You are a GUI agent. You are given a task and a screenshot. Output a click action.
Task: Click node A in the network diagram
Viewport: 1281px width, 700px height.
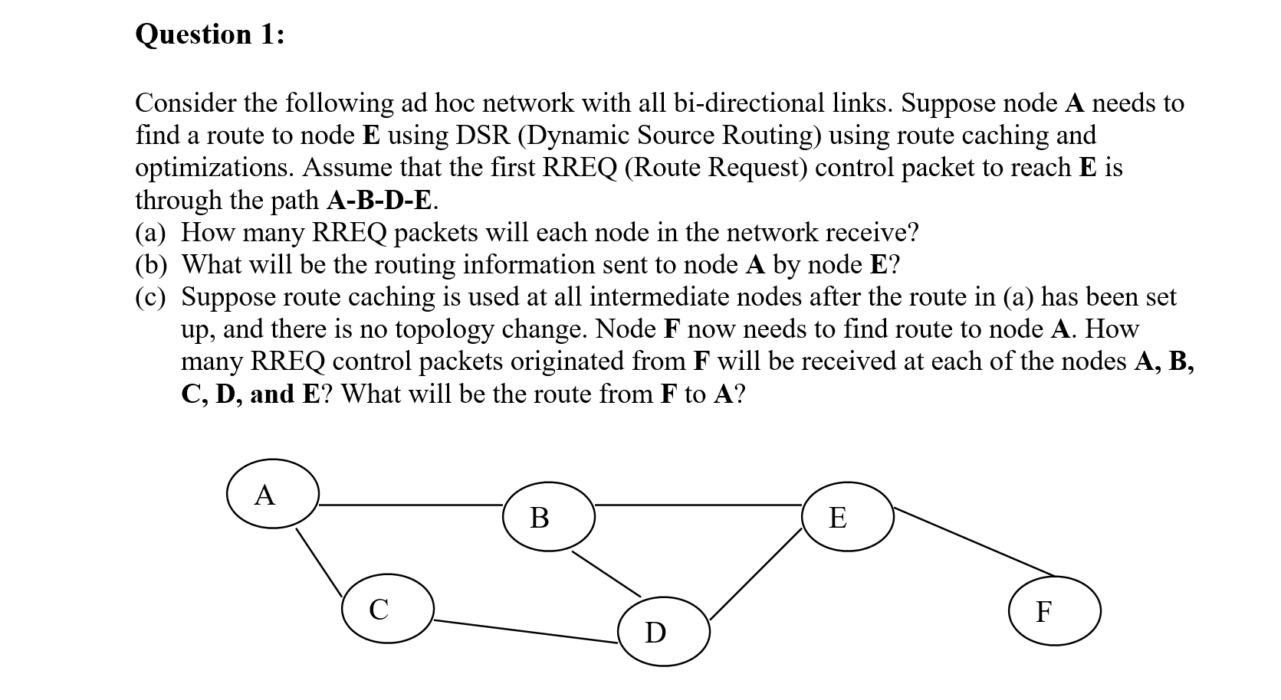(272, 494)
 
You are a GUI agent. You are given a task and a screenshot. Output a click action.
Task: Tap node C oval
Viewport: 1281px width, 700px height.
(387, 610)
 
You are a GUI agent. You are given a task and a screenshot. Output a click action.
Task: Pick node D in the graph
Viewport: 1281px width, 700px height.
(663, 631)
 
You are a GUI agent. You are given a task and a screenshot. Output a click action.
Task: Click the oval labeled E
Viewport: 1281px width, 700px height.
(846, 517)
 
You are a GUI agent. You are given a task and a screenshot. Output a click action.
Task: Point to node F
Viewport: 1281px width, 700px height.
(1054, 610)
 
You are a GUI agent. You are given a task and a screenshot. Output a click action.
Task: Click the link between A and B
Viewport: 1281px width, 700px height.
(410, 505)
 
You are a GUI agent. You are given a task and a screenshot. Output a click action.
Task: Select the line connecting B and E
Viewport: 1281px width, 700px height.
(698, 505)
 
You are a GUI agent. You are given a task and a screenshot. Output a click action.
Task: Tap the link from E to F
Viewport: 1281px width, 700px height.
(974, 541)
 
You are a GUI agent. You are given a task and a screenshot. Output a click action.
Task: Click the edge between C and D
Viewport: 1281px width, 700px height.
(526, 631)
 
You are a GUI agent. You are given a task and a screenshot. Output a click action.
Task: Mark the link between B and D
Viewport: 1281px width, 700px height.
(606, 572)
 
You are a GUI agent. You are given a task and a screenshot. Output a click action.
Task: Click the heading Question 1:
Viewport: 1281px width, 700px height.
(209, 34)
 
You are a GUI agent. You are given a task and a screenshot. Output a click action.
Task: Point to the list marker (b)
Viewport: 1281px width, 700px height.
(151, 264)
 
